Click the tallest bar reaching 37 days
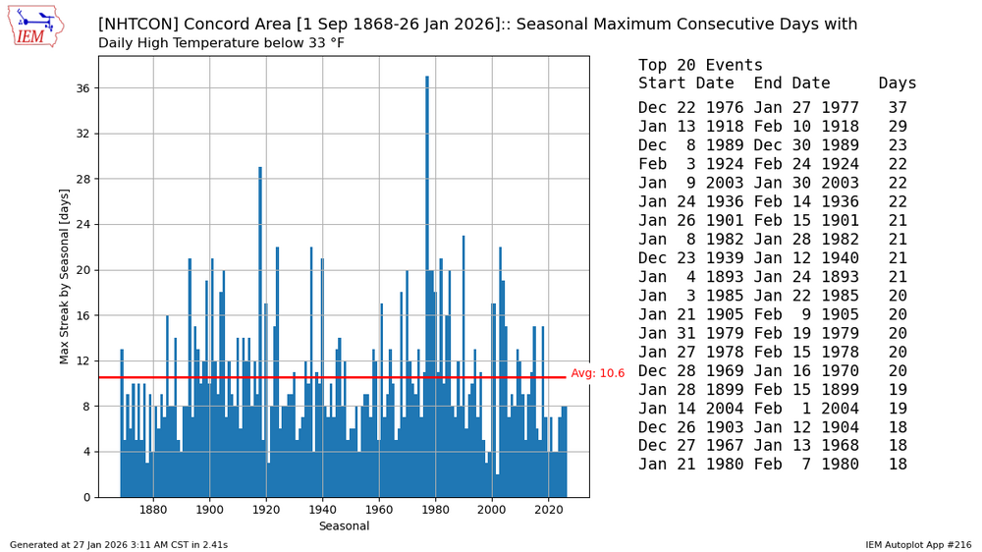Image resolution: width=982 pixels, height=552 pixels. (x=427, y=285)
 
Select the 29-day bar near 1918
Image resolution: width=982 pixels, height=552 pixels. (x=260, y=334)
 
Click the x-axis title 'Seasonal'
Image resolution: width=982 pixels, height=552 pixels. (x=344, y=526)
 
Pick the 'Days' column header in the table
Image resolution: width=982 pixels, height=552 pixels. (x=898, y=83)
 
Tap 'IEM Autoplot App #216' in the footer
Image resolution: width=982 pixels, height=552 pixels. (x=918, y=544)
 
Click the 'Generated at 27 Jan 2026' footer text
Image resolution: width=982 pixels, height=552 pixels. (x=119, y=544)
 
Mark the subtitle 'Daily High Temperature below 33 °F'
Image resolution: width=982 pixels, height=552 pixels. (x=221, y=43)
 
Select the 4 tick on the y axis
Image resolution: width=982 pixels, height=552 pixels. (x=85, y=452)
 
